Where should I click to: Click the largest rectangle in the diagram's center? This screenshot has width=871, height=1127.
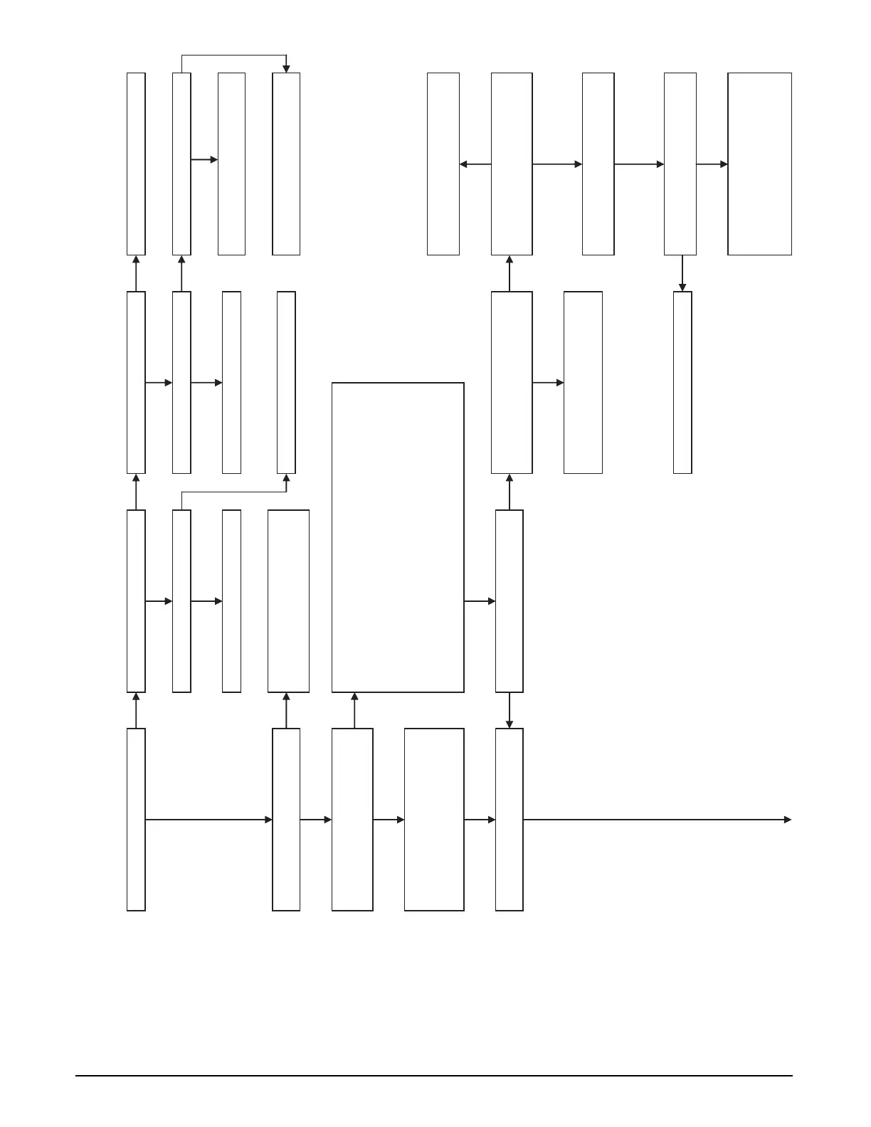point(398,537)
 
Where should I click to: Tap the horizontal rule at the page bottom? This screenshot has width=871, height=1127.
point(434,1076)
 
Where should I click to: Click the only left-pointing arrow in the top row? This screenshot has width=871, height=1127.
point(475,164)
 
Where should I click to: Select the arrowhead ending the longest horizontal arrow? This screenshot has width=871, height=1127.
point(787,820)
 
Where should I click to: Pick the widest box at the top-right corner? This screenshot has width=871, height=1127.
point(759,164)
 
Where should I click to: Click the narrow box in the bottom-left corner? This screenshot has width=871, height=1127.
point(136,819)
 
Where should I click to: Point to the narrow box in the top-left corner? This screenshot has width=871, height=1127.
point(136,164)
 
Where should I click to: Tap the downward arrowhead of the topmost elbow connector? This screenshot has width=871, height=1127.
point(286,69)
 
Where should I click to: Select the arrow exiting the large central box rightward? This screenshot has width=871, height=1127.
point(480,601)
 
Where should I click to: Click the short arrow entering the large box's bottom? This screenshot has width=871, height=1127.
point(354,710)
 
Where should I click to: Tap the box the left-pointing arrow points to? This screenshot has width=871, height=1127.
point(443,164)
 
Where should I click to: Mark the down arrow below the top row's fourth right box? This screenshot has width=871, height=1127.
point(682,273)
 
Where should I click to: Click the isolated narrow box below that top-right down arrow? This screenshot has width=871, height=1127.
point(682,382)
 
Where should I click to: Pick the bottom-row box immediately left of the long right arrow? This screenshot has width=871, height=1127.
point(509,819)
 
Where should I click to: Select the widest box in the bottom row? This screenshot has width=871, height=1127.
point(434,819)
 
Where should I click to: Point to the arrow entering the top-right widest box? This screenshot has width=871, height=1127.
point(712,164)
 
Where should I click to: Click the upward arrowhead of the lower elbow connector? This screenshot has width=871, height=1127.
point(286,478)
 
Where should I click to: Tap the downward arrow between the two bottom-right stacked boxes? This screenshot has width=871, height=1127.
point(509,710)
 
